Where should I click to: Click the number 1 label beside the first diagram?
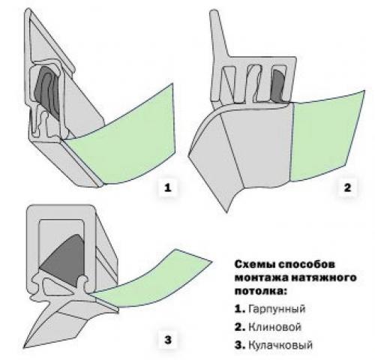[x=168, y=187]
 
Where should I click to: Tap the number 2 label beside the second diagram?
[x=347, y=187]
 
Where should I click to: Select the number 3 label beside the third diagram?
[x=168, y=340]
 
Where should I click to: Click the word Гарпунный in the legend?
[x=277, y=309]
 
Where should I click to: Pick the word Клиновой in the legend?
[x=274, y=327]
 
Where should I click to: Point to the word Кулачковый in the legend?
[x=280, y=346]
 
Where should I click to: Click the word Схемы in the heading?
[x=254, y=265]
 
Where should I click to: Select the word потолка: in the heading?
[x=260, y=291]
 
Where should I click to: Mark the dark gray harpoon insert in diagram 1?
[x=48, y=91]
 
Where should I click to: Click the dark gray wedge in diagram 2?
[x=279, y=85]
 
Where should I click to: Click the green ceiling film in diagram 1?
[x=130, y=140]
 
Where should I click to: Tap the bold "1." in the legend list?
[x=240, y=309]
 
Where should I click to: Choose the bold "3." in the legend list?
[x=240, y=346]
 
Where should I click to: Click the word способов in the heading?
[x=306, y=265]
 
